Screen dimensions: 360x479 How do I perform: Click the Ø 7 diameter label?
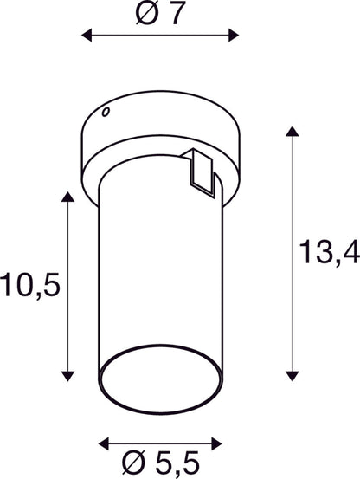point(160,14)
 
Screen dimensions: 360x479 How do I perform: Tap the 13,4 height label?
point(330,252)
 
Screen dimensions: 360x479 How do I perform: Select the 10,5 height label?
point(30,285)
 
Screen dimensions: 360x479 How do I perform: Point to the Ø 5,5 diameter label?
point(160,462)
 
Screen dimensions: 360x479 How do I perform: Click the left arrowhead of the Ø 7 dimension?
point(87,36)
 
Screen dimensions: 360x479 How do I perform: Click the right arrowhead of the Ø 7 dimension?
point(234,36)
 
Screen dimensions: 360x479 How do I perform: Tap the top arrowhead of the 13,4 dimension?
point(292,132)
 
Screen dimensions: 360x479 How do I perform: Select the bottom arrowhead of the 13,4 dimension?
point(292,376)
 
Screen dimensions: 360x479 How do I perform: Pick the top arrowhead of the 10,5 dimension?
point(67,197)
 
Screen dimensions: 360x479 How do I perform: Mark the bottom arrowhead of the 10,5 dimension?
point(67,376)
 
